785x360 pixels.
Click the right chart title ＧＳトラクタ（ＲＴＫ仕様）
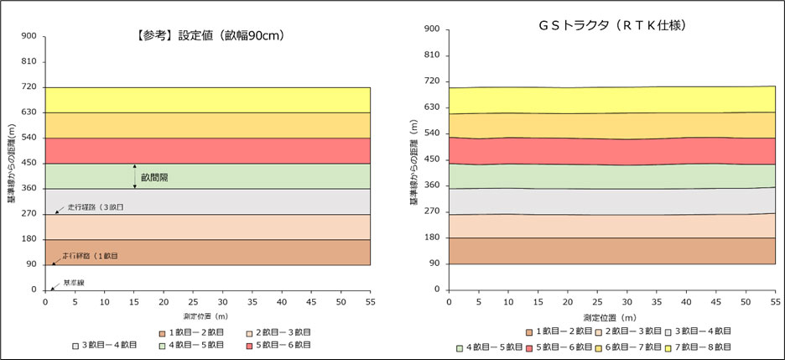tap(613, 26)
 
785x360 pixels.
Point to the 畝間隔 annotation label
tap(155, 177)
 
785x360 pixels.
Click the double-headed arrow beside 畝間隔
tap(135, 176)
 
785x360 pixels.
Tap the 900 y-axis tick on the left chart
tap(29, 36)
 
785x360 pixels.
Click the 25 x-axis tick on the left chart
tap(193, 300)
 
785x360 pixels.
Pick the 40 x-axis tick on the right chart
tap(686, 300)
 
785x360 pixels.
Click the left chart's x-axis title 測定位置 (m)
tap(208, 316)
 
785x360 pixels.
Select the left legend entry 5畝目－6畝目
tap(280, 344)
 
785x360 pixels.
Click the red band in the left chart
tap(208, 150)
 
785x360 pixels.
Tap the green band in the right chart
tap(612, 175)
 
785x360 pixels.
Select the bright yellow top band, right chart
tap(612, 99)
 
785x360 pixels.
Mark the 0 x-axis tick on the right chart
tap(450, 300)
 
